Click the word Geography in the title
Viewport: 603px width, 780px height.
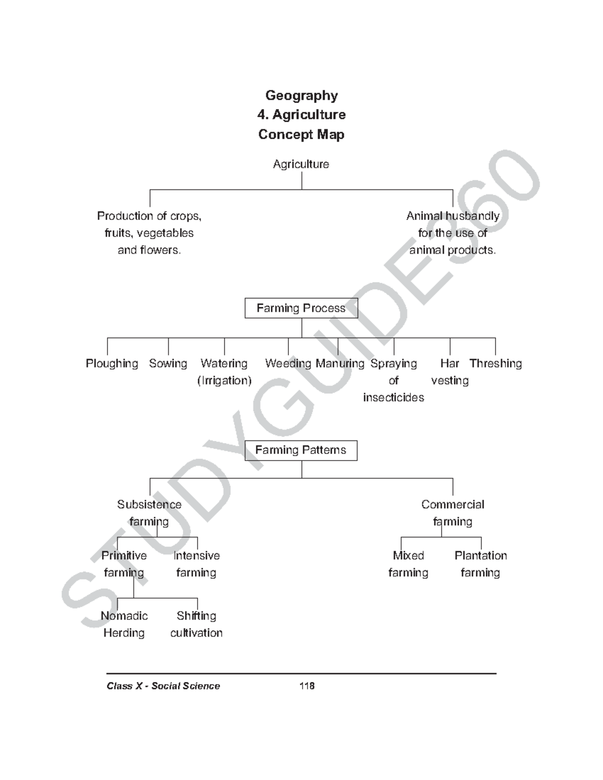pos(301,95)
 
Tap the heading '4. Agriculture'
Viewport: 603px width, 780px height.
pos(301,115)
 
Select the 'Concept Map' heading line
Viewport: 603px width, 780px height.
pos(301,135)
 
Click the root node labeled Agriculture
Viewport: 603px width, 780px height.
pos(301,164)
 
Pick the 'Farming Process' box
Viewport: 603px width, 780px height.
pos(301,308)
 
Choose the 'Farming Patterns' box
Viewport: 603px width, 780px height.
pos(300,450)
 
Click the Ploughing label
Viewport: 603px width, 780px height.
pos(112,364)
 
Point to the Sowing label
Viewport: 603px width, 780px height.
pos(168,364)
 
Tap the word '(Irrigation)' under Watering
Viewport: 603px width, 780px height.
pos(224,381)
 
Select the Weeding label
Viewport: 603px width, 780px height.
pos(288,364)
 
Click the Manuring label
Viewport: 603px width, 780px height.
pos(340,364)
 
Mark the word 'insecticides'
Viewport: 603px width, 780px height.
pos(393,398)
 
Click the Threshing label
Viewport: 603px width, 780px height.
pos(495,364)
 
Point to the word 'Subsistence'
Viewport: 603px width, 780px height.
pos(149,505)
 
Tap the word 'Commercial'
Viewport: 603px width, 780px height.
pos(453,505)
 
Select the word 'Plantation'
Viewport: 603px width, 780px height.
pos(481,556)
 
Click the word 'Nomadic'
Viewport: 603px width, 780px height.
pos(124,616)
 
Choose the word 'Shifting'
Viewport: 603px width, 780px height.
pos(196,616)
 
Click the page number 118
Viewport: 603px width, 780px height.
pos(307,686)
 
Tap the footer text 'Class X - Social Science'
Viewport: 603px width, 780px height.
pos(163,686)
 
